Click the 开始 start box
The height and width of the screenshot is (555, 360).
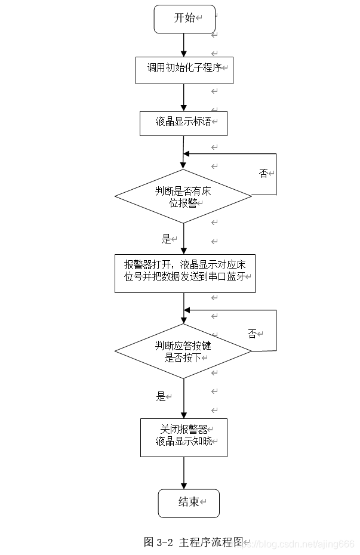pyautogui.click(x=183, y=18)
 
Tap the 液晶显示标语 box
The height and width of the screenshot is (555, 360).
pyautogui.click(x=183, y=122)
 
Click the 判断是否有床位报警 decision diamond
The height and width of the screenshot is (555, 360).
pyautogui.click(x=183, y=196)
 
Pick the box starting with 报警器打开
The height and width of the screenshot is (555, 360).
pyautogui.click(x=184, y=273)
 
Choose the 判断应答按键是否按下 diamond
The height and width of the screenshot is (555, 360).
pyautogui.click(x=183, y=351)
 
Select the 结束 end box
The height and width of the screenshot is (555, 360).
pyautogui.click(x=188, y=502)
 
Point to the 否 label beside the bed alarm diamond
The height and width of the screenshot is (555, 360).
pyautogui.click(x=263, y=173)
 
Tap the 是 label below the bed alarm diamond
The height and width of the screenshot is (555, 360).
pyautogui.click(x=166, y=239)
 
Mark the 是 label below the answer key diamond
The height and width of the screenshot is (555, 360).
pyautogui.click(x=161, y=396)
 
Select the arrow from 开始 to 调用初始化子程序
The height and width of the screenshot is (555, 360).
pyautogui.click(x=183, y=45)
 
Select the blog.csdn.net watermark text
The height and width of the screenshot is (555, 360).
pyautogui.click(x=301, y=544)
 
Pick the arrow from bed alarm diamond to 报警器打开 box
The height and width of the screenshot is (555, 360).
pyautogui.click(x=183, y=239)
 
